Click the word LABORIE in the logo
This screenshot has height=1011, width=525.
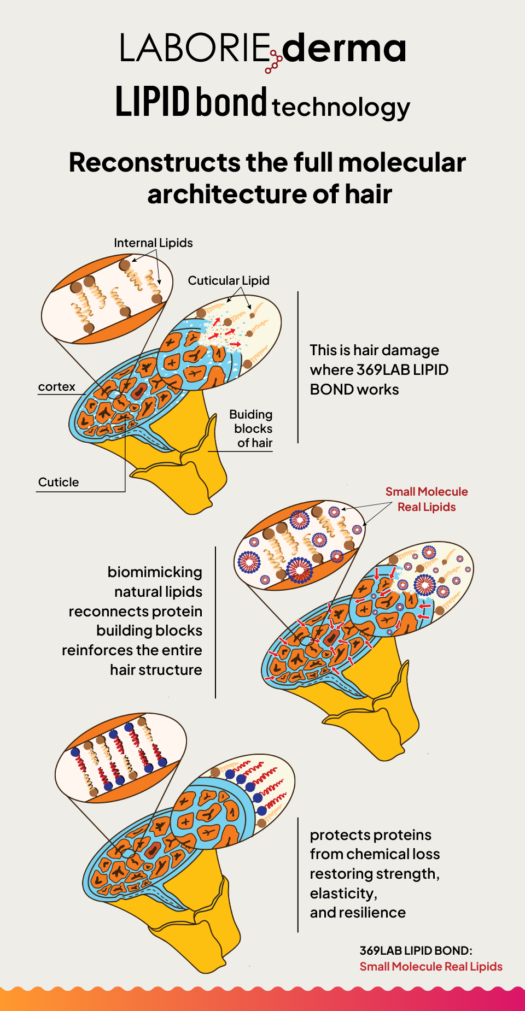click(x=195, y=48)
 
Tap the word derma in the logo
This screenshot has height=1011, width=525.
click(x=344, y=48)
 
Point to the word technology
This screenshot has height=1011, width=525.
click(x=341, y=107)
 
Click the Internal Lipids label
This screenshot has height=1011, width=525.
click(x=153, y=243)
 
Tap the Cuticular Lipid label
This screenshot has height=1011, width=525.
click(x=229, y=280)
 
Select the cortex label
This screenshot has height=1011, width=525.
click(x=57, y=387)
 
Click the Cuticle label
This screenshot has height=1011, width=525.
click(x=59, y=482)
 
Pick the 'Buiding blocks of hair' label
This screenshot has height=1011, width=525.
click(x=252, y=429)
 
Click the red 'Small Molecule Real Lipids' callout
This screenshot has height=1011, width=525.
click(x=427, y=499)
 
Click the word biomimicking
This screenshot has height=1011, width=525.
click(x=155, y=572)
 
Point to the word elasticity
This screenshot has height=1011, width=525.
click(x=342, y=893)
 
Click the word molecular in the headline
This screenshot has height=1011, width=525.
click(x=402, y=163)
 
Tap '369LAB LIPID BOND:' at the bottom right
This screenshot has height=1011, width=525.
click(x=416, y=950)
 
